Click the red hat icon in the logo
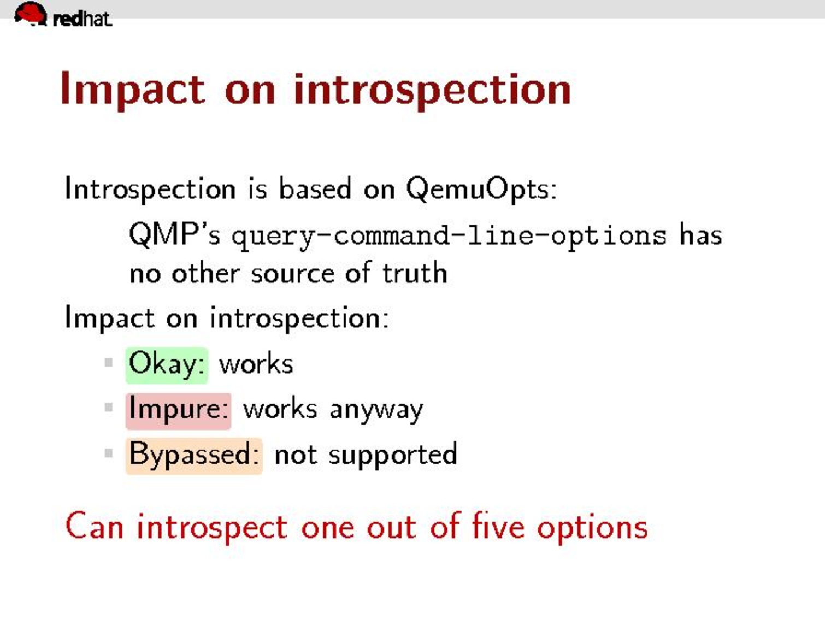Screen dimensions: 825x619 [31, 14]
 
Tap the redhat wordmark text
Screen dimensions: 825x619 [82, 19]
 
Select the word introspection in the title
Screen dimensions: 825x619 [432, 90]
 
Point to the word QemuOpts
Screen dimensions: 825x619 [481, 189]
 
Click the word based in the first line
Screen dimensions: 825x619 [315, 188]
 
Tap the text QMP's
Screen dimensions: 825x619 [174, 234]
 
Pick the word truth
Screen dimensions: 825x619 [415, 272]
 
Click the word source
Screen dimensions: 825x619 [292, 274]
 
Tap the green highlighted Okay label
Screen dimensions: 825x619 [167, 365]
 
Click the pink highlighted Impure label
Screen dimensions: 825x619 [179, 411]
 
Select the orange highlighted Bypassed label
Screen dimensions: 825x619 [194, 456]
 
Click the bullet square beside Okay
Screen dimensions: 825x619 [109, 362]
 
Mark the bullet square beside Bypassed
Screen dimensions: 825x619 [109, 453]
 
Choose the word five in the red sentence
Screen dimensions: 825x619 [498, 526]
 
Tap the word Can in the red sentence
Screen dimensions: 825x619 [95, 526]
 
